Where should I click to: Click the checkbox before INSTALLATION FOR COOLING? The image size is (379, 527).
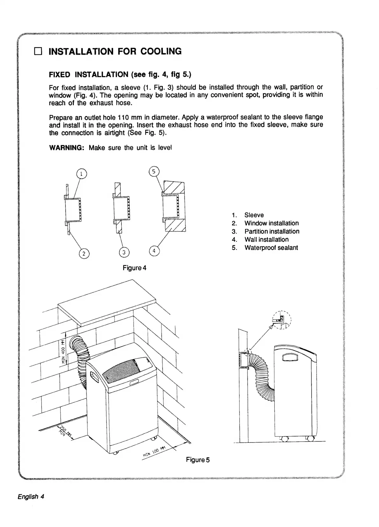38,51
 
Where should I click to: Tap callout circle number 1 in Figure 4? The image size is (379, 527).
82,174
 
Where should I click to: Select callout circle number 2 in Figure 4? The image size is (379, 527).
84,253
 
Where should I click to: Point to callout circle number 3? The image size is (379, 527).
124,253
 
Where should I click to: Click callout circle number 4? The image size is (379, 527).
154,251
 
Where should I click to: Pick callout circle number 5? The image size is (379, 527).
154,172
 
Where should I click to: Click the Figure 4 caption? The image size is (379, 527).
134,268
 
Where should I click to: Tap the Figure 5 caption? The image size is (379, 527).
198,460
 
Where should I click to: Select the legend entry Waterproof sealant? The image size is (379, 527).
271,248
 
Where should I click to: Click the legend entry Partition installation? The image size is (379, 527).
272,231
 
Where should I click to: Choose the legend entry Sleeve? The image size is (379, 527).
254,215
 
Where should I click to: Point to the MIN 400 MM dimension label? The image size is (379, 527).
63,351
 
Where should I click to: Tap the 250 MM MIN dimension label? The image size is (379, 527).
64,431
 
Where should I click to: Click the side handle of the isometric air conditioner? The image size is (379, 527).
94,379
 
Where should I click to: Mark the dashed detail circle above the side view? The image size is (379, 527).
282,320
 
